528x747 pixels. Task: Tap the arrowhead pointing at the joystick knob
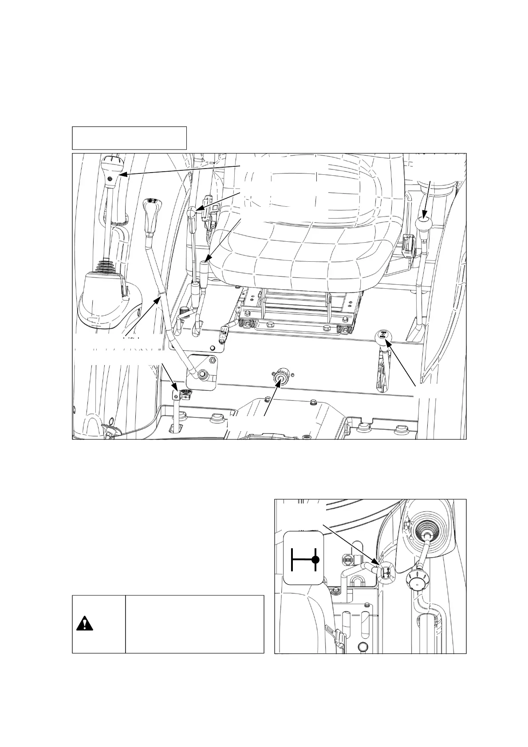123,175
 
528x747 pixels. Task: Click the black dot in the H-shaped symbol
315,560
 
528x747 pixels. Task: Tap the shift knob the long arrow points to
384,572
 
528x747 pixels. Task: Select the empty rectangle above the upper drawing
129,138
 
